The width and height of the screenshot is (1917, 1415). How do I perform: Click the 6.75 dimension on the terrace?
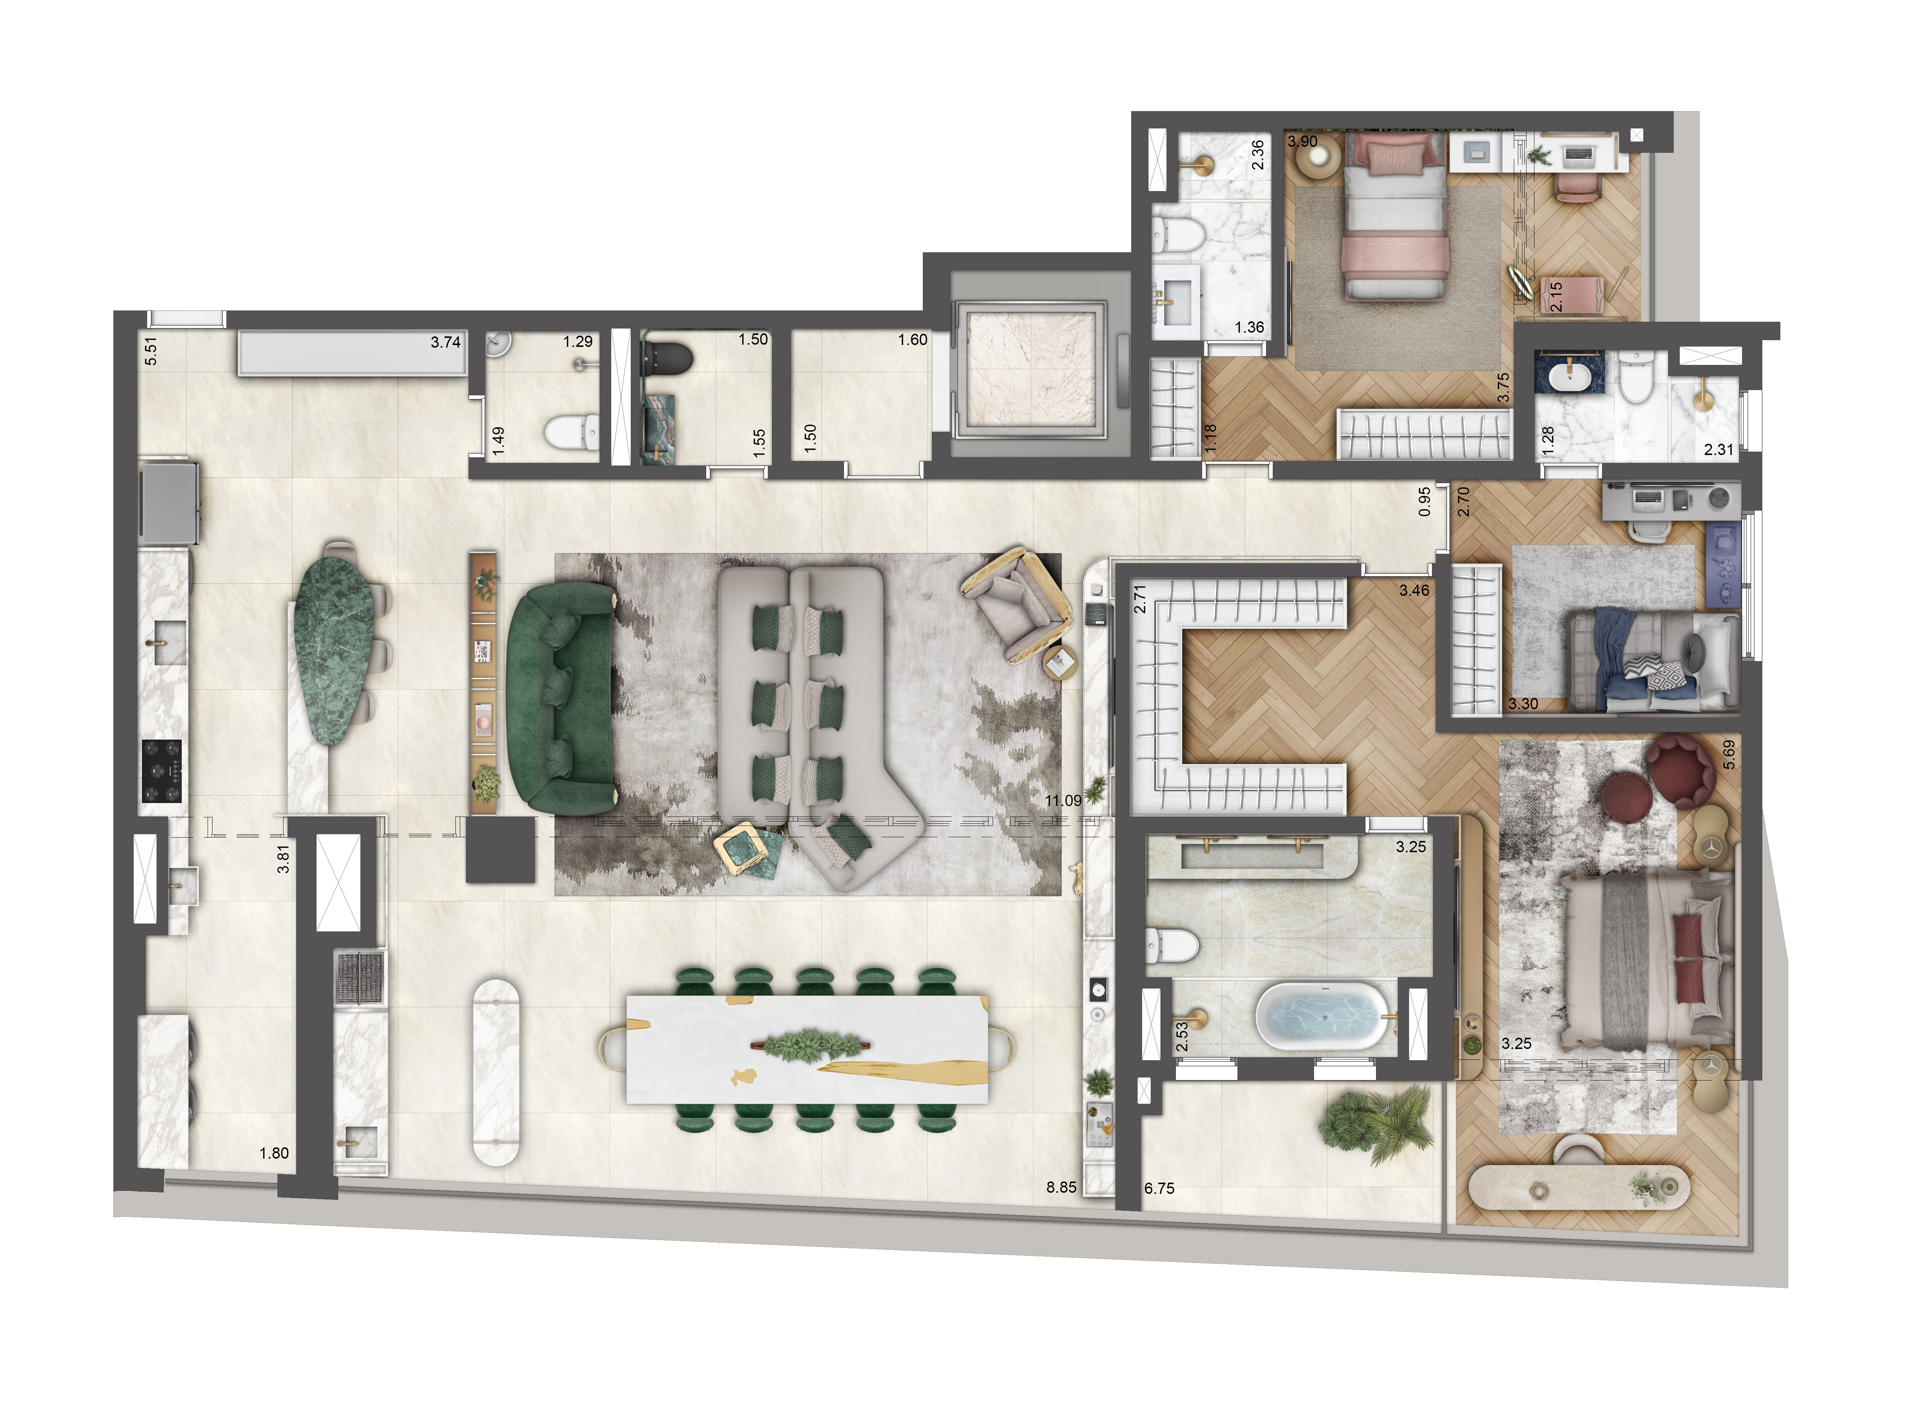click(x=1159, y=1188)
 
